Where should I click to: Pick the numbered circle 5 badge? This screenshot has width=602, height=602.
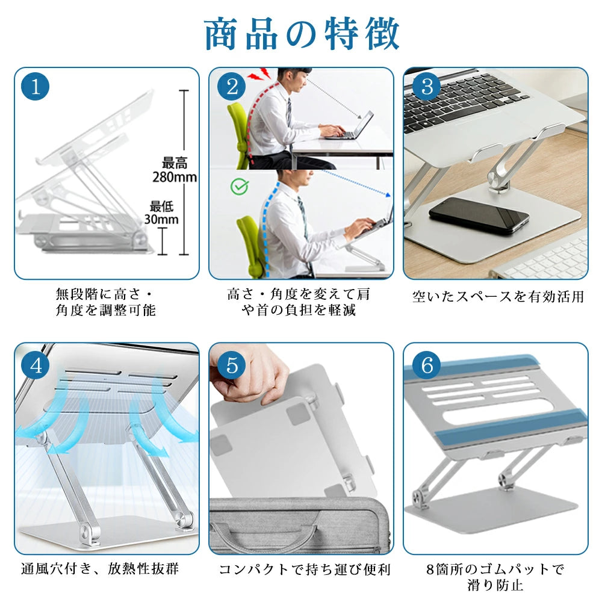(232, 365)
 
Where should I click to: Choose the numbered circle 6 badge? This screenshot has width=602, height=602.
(427, 365)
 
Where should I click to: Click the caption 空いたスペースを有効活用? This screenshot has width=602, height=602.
(498, 296)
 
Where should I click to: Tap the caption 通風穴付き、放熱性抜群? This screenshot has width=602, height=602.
(100, 568)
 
